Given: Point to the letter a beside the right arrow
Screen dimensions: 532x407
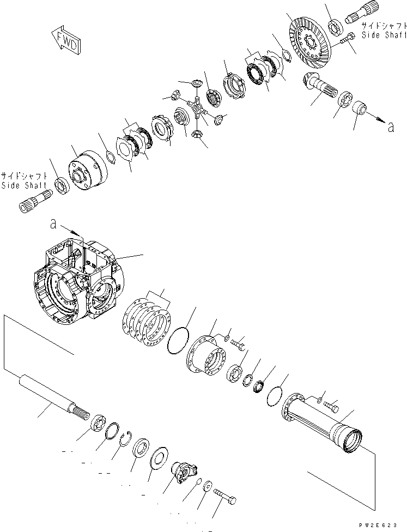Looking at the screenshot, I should pyautogui.click(x=390, y=128).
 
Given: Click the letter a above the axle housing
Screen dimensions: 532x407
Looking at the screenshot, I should pyautogui.click(x=52, y=223).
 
